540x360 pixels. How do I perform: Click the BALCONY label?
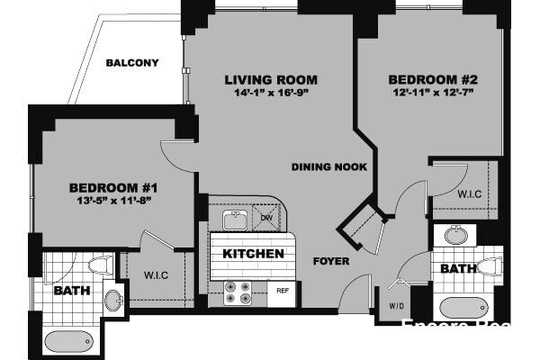coord(131,63)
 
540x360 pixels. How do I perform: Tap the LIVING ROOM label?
coord(271,80)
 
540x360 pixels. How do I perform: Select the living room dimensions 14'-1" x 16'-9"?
coord(271,93)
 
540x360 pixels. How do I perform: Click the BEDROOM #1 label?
coord(114,187)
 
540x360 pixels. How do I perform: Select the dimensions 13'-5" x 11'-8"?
coord(114,200)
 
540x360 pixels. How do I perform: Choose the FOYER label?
coord(330,262)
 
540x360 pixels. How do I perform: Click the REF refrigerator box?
coord(282,290)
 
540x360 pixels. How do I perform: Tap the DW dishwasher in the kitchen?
coord(265,217)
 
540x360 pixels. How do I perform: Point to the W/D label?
coord(397,305)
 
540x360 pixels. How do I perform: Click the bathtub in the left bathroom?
coord(68,341)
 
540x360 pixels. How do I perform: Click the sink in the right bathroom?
coord(454,236)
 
